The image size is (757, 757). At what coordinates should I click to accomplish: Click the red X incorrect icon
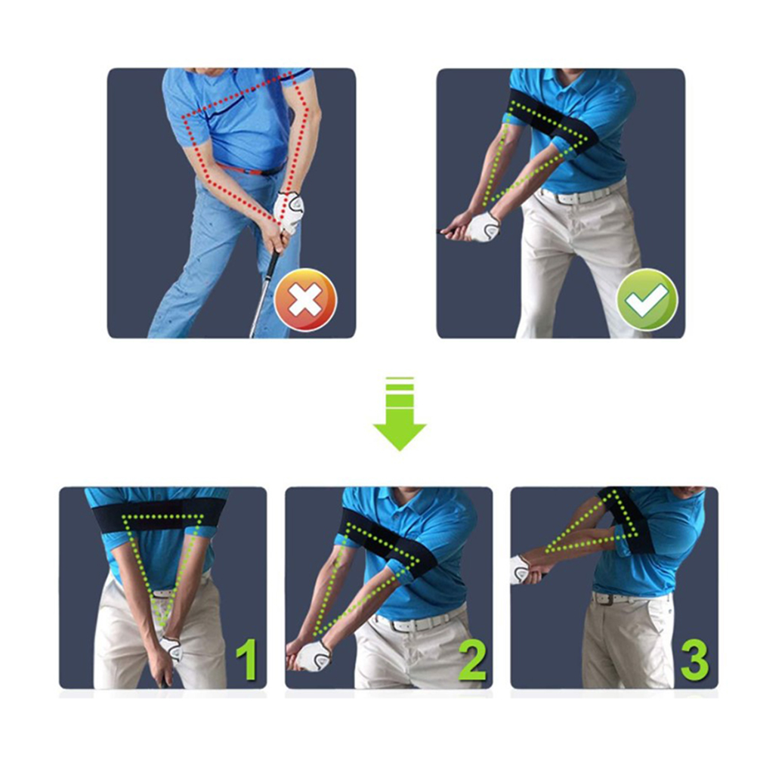(305, 299)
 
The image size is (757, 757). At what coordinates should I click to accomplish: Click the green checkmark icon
(647, 299)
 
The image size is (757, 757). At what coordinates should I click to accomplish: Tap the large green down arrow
(400, 414)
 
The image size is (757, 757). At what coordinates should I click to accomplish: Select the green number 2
(471, 660)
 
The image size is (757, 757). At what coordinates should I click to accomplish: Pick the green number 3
(695, 660)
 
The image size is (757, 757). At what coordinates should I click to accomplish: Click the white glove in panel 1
(171, 648)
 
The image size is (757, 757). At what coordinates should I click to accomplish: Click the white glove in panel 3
(521, 570)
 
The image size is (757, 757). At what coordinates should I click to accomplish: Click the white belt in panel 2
(419, 623)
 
